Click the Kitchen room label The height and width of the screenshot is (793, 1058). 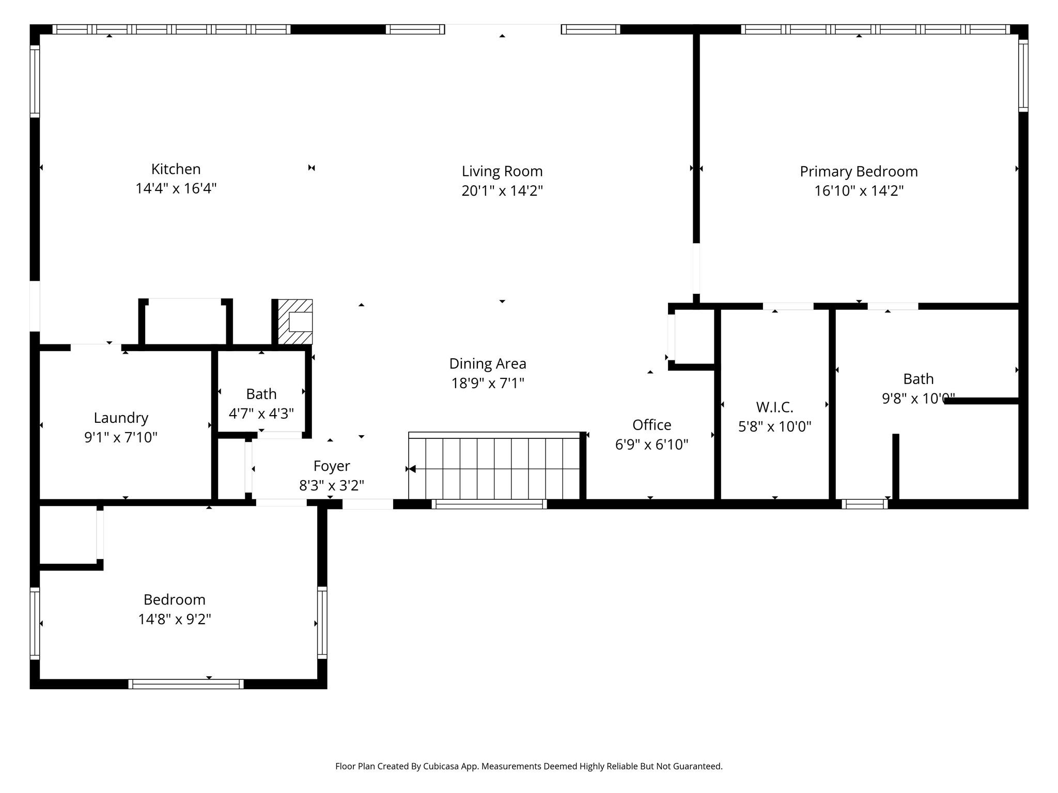point(176,169)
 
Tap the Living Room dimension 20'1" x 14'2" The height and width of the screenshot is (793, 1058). point(502,191)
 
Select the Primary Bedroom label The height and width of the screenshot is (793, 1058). point(859,171)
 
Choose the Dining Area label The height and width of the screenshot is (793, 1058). point(488,364)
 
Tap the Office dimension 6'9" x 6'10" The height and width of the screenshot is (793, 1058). point(651,445)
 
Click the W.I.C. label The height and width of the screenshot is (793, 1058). point(774,407)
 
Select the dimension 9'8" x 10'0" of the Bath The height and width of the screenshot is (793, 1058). point(917,399)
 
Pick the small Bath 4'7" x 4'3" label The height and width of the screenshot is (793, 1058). point(261,394)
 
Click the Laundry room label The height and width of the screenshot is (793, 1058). point(121,418)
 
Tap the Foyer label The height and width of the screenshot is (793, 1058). point(331,466)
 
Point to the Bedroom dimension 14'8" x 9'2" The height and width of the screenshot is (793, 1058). point(175,619)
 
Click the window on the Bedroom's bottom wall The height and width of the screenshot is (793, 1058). point(186,684)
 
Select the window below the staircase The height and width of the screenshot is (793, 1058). point(489,504)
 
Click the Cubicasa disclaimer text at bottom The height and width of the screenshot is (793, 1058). point(528,766)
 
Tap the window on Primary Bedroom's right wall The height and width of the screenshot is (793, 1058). point(1023,76)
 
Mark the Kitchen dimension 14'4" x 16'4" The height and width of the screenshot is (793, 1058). point(176,188)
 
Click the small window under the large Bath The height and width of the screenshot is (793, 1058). point(864,504)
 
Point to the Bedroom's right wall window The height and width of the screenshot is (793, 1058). point(322,623)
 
